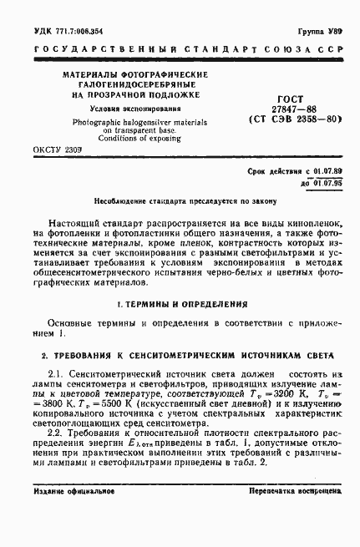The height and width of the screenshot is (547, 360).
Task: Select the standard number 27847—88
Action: (x=288, y=109)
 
